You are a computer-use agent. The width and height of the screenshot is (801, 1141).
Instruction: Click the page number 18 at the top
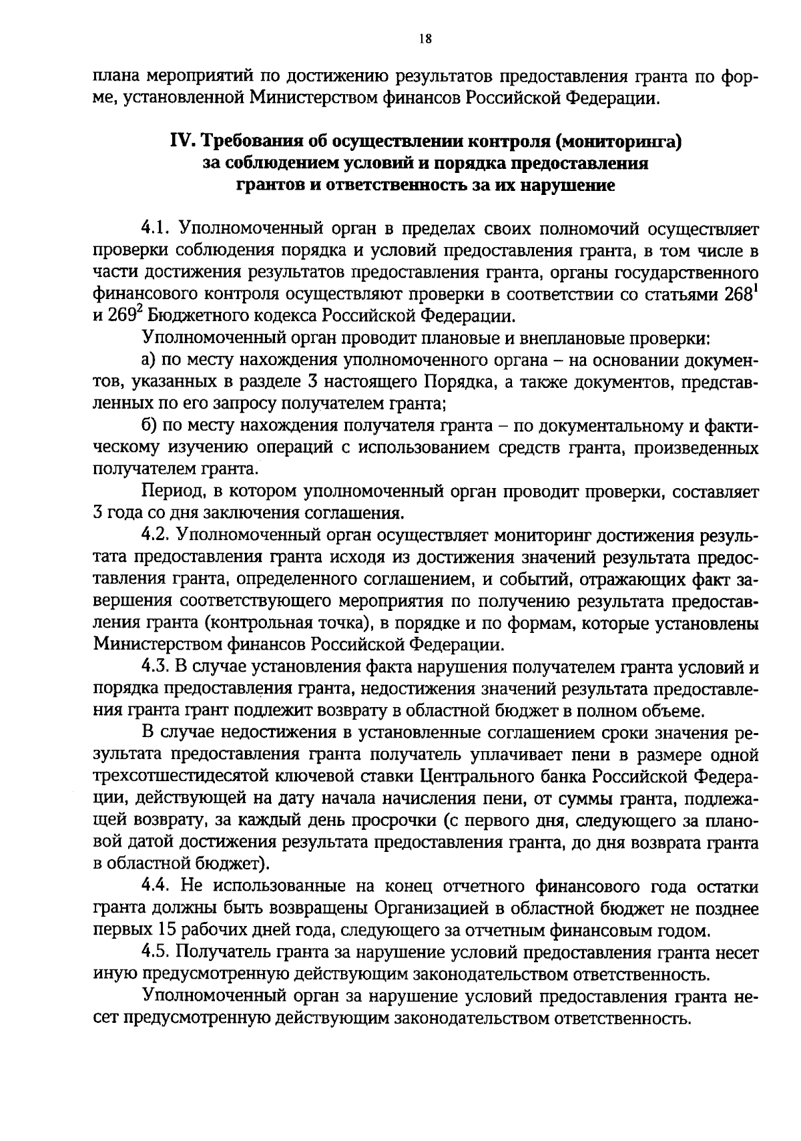425,39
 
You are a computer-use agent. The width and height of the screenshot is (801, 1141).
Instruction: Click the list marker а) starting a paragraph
150,361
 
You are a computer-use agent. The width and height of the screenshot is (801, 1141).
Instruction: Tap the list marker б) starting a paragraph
150,426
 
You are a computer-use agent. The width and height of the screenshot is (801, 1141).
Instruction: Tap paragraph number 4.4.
158,887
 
